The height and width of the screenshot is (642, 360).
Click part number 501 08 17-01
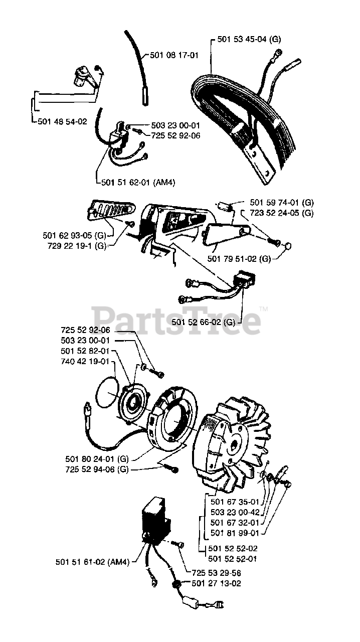(174, 55)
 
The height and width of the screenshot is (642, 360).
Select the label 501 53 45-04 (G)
(249, 39)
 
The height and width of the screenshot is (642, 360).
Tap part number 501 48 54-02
(62, 121)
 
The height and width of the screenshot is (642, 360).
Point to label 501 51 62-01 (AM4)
(138, 182)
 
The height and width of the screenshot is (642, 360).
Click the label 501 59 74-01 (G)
(282, 203)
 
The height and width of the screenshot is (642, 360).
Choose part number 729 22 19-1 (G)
(77, 246)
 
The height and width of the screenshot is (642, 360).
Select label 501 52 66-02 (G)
(203, 322)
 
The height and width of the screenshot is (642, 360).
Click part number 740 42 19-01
(85, 362)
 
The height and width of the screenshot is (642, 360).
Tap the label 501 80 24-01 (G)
(97, 459)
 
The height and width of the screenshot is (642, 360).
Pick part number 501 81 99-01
(235, 533)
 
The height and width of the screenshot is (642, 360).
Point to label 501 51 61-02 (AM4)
(93, 562)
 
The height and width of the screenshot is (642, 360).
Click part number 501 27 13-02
(216, 583)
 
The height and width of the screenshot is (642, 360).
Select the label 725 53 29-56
(216, 573)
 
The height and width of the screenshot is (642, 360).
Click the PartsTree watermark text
(176, 320)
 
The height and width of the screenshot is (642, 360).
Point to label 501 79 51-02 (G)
(239, 259)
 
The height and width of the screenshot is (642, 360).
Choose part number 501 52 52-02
(233, 548)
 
